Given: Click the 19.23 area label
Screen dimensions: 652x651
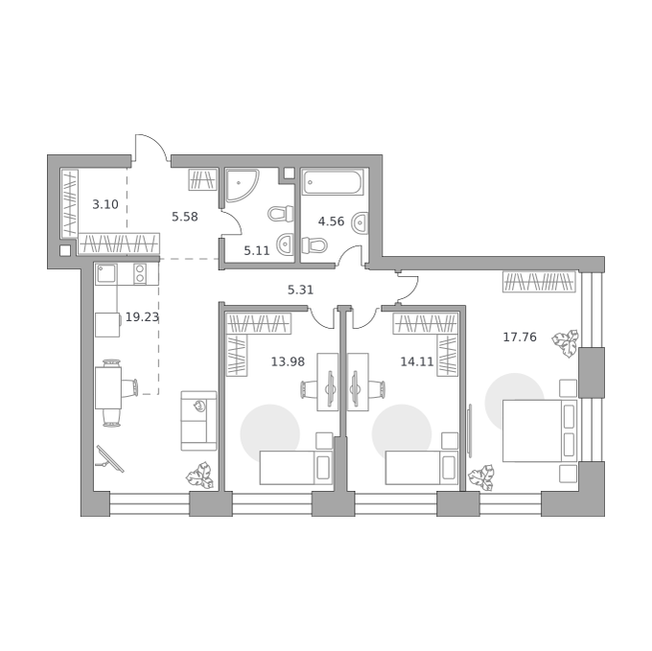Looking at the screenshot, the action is click(x=142, y=317).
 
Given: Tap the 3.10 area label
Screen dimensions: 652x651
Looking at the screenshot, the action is click(x=105, y=204).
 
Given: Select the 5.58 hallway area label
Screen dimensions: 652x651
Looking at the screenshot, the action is click(x=185, y=217).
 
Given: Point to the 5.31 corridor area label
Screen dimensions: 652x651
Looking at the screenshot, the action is click(x=300, y=290).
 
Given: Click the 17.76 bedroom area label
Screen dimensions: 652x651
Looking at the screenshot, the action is click(x=520, y=337).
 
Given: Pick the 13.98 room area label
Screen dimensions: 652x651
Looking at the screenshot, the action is click(x=288, y=361).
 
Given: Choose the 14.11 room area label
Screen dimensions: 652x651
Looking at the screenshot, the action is click(x=417, y=361).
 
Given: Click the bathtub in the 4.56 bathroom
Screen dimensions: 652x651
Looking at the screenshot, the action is click(x=333, y=182).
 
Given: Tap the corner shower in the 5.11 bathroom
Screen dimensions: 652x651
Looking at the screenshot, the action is click(x=242, y=183).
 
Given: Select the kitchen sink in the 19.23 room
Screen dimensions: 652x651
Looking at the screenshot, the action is click(x=106, y=274).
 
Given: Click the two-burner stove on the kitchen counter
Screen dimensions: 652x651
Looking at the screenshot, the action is click(x=140, y=274).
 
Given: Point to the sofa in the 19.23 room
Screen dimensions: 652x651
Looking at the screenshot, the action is click(x=198, y=421).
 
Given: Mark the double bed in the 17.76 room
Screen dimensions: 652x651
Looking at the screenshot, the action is click(x=540, y=430).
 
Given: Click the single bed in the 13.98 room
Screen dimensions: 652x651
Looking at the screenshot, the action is click(x=296, y=468).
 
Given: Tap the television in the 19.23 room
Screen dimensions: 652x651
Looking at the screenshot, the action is click(x=110, y=459).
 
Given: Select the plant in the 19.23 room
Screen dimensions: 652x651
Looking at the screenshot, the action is click(x=200, y=475).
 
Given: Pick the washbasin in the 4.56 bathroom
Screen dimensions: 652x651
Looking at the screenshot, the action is click(x=360, y=222).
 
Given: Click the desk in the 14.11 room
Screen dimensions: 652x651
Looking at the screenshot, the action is click(x=358, y=382).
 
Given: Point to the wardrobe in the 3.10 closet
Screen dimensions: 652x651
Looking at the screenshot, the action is click(x=70, y=203).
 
